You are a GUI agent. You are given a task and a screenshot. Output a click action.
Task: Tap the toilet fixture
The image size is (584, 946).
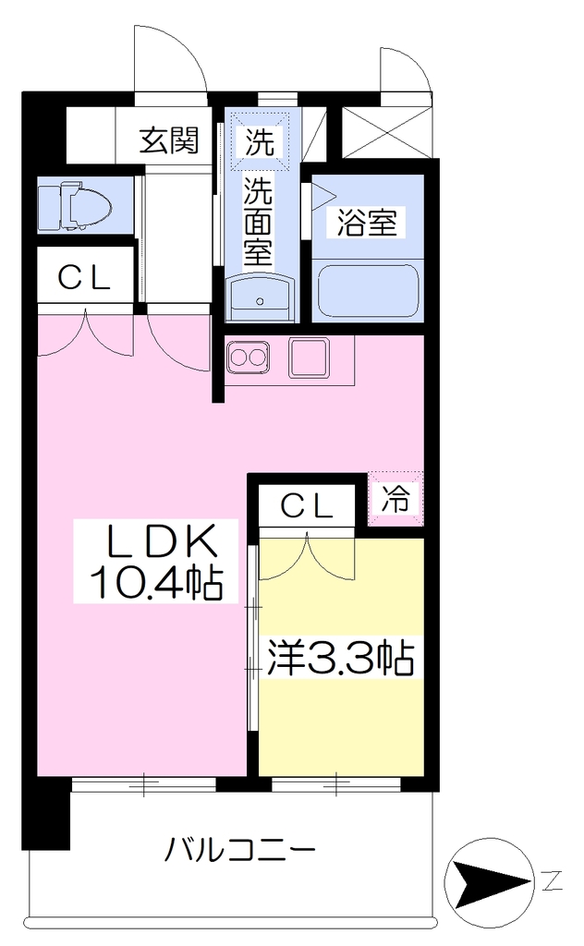pos(75,206)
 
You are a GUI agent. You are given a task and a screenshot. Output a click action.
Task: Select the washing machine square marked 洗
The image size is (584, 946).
pos(260,141)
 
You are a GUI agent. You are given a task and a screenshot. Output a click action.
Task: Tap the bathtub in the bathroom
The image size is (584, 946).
pos(368,289)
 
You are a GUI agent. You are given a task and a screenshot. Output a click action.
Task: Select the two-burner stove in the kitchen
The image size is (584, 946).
pos(248,358)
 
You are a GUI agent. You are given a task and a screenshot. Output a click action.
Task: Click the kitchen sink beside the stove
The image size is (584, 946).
pos(309,358)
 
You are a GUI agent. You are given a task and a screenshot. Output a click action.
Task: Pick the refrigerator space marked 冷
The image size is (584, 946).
pos(395,499)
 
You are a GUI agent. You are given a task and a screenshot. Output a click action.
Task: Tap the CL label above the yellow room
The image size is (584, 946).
pos(307,505)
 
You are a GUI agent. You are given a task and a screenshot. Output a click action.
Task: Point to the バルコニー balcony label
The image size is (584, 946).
pos(241,851)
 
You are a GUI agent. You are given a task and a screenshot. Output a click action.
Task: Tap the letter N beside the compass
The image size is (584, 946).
pos(552,881)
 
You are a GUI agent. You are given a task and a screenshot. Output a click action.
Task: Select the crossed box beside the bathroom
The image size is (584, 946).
pos(387,132)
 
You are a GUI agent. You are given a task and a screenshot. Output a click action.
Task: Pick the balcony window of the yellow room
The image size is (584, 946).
pos(335,784)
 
